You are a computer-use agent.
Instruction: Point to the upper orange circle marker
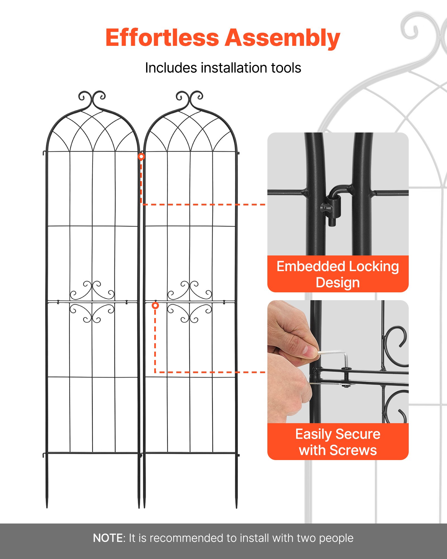click(x=141, y=157)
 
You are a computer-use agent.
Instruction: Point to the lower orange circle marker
click(x=155, y=305)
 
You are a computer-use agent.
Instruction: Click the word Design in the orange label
click(x=337, y=283)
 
